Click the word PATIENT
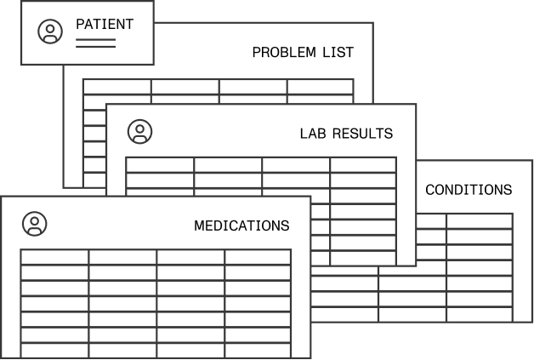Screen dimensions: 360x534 point(105,24)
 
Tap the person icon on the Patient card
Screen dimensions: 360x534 point(50,31)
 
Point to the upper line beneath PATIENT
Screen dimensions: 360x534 point(95,39)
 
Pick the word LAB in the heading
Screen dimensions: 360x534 point(314,134)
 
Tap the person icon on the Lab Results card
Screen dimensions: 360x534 point(140,131)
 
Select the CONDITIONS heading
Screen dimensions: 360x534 point(469,190)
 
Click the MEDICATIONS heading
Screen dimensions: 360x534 point(241,226)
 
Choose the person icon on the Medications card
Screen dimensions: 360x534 point(35,224)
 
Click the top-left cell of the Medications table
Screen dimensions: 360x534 point(54,257)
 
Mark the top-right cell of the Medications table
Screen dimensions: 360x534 point(258,257)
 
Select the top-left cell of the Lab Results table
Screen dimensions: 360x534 point(160,165)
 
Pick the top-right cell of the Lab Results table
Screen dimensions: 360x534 point(363,165)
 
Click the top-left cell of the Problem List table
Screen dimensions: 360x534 point(117,87)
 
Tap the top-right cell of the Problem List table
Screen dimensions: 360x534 point(320,87)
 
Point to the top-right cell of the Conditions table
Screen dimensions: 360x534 point(480,221)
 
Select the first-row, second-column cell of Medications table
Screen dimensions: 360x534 point(122,257)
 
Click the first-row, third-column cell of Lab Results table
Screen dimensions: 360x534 point(296,165)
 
